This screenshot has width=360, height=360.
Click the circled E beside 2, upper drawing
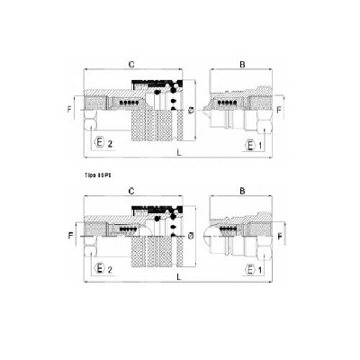click(x=96, y=143)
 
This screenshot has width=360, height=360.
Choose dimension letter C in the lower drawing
click(x=132, y=191)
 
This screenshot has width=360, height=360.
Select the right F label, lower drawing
click(x=278, y=237)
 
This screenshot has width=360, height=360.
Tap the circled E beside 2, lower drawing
click(x=96, y=268)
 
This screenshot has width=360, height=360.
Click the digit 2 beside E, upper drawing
click(x=110, y=144)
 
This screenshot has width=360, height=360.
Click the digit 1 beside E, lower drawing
click(x=260, y=268)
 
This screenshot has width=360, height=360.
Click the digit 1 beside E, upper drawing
click(x=260, y=144)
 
